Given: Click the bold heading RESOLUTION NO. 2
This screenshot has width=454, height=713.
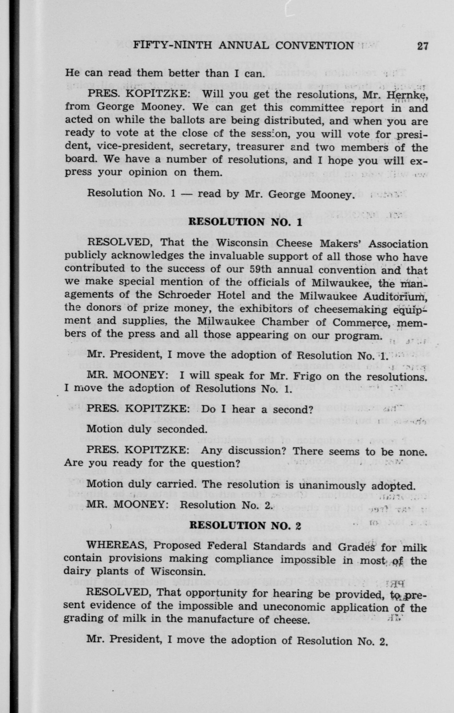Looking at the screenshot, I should click(245, 525).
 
